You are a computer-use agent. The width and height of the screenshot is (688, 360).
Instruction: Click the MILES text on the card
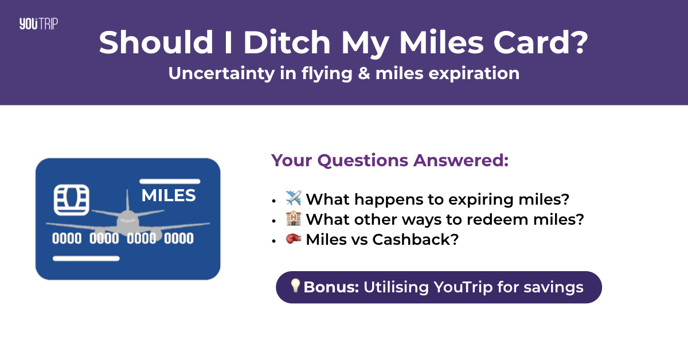(169, 195)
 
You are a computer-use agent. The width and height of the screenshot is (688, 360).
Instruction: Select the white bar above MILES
(169, 181)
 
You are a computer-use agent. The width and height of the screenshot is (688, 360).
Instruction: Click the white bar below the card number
(86, 259)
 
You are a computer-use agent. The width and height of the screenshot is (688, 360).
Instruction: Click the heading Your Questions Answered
(390, 161)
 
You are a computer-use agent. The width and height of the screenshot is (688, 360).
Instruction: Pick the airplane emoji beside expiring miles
(293, 199)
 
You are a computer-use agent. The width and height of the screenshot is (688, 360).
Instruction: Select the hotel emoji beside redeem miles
(293, 219)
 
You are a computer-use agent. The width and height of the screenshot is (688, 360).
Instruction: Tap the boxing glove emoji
(293, 239)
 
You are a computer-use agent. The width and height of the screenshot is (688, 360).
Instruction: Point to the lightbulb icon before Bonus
(295, 286)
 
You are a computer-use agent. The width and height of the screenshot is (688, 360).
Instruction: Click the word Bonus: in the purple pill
(331, 287)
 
